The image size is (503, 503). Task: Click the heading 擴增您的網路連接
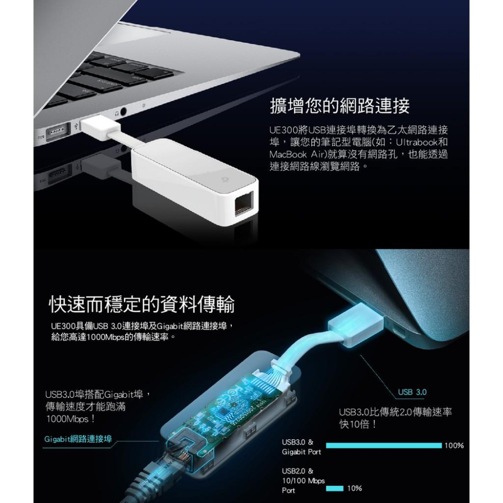[340, 106]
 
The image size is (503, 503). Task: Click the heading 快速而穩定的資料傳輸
[141, 304]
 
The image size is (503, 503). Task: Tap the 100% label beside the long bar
[454, 446]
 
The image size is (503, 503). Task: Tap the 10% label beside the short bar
[355, 488]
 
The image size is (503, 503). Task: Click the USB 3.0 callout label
[412, 392]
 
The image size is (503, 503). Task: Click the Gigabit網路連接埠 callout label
[77, 439]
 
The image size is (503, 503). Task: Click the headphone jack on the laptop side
[122, 113]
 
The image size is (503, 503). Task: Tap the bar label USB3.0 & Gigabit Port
[301, 447]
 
